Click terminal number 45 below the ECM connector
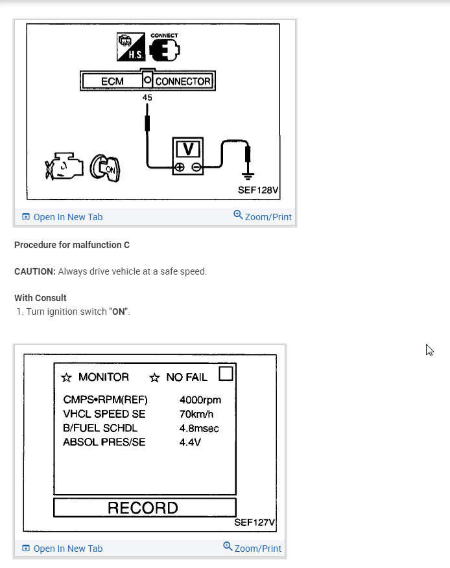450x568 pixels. (148, 97)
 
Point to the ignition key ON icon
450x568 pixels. (104, 168)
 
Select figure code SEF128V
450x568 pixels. (258, 192)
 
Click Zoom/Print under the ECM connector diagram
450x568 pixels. (263, 216)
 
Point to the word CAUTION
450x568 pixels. (34, 271)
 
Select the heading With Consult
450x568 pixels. (40, 298)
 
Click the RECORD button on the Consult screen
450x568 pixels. (144, 508)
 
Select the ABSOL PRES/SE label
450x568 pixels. (104, 442)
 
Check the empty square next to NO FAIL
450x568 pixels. (226, 374)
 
